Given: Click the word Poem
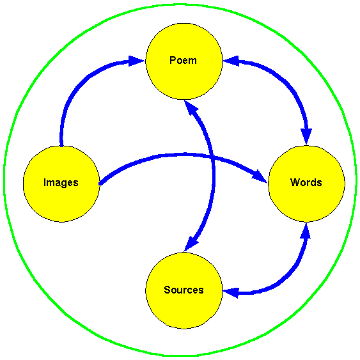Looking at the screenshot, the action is coord(183,60).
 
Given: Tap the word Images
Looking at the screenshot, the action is coord(61,183).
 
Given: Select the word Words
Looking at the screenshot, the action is coord(306,182).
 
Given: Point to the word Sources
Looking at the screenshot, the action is coord(184,290).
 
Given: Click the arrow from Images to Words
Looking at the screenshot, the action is coord(184,155).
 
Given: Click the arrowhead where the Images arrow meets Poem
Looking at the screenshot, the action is coord(137,61).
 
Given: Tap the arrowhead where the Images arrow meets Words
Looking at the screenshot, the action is coord(260,177).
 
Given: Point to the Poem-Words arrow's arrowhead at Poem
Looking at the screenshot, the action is coord(231,61).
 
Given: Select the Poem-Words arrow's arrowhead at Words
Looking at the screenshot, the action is coord(306,136).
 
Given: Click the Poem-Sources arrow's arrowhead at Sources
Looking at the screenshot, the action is coord(191,244).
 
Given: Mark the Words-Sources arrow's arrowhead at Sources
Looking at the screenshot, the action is coord(230,292).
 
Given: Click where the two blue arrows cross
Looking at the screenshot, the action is coord(212,157).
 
